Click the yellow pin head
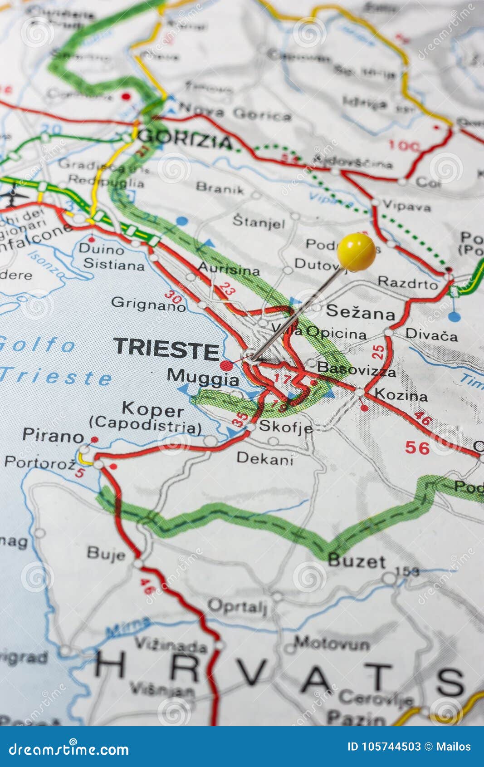coord(356,251)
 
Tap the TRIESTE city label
coord(166,348)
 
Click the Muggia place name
coord(203,377)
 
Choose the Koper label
coord(152,409)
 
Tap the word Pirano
coord(53,436)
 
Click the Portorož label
coord(40,462)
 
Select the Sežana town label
coord(360,312)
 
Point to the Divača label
coord(431,335)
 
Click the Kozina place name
coord(401,396)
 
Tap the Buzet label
coord(357,561)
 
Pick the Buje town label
coord(106,553)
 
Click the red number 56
coord(417,448)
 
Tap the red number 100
coord(404,146)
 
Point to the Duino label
coord(101,249)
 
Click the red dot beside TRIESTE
coord(226,365)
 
